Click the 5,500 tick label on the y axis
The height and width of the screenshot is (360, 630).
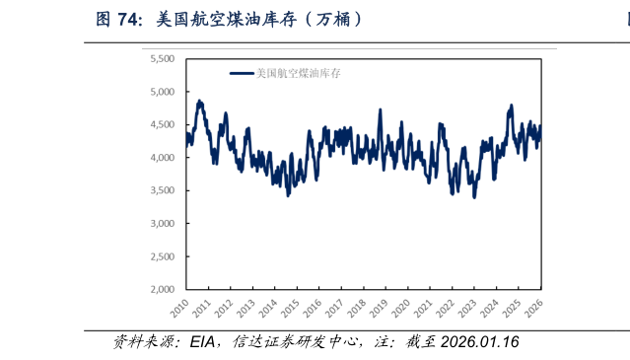tap(161, 59)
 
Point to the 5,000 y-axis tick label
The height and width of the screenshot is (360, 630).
tap(161, 92)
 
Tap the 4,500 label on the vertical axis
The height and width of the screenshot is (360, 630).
tap(161, 125)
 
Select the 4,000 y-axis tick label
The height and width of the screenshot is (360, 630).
tap(161, 158)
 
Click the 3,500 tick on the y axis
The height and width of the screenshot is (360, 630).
tap(161, 190)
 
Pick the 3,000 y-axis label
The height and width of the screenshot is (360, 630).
tap(161, 224)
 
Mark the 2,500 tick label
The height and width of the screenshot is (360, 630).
tap(161, 256)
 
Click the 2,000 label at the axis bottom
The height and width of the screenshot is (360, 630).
tap(161, 290)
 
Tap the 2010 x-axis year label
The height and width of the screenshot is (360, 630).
tap(178, 309)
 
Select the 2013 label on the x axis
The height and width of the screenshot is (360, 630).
tap(245, 309)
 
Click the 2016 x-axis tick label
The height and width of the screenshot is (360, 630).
tap(312, 309)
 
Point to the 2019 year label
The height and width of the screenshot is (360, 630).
tap(379, 309)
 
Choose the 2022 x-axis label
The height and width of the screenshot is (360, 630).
tap(445, 309)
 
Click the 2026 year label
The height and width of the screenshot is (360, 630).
tap(533, 309)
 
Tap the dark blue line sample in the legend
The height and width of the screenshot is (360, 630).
tap(242, 73)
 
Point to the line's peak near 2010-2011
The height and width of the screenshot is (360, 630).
tap(200, 101)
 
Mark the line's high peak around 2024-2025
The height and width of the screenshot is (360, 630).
tap(511, 106)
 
